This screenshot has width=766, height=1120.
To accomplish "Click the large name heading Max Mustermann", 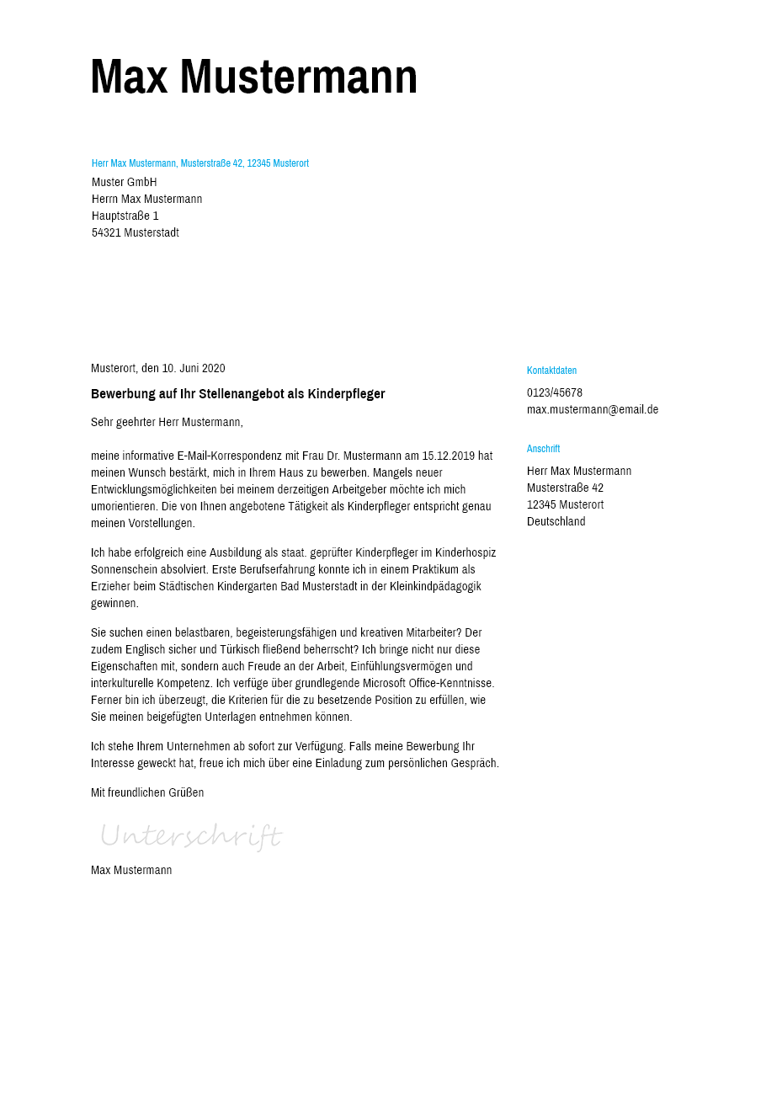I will point(253,77).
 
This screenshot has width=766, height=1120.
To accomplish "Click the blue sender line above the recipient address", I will point(200,163).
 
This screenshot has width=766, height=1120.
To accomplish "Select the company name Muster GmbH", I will point(125,183).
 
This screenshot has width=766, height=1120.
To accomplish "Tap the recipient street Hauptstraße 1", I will point(125,216).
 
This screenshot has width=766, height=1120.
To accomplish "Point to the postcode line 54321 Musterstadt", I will point(136,233).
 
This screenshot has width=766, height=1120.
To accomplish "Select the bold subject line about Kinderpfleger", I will point(238,394).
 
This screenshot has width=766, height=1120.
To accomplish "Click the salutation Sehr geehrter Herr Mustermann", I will point(167,423).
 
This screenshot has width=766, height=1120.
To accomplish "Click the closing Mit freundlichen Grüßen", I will point(147,793).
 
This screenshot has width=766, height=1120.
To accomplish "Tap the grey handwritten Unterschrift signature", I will point(190,836).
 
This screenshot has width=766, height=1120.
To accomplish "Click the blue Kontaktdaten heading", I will point(551,371).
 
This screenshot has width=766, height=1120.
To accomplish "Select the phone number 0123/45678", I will point(555,393).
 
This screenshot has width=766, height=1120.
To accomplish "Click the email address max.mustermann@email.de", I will point(593,410).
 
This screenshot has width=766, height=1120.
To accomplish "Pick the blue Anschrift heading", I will point(543,449).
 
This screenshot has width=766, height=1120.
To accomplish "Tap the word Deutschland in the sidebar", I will point(556,522).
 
